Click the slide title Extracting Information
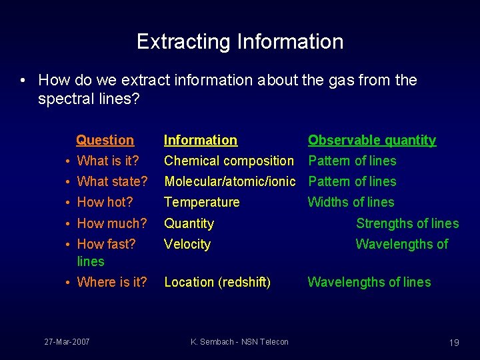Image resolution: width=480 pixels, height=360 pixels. click(240, 41)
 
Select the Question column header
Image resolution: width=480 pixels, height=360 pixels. click(105, 140)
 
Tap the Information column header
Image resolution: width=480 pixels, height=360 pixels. click(201, 140)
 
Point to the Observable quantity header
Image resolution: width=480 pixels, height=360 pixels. click(371, 140)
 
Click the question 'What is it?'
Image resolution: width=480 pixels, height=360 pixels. click(108, 161)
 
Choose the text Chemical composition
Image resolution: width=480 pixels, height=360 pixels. click(229, 161)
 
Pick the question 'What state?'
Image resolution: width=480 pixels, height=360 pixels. click(112, 181)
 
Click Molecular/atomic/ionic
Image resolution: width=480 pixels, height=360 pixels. click(229, 181)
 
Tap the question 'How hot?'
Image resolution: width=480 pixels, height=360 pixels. click(105, 202)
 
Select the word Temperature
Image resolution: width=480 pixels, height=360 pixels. click(202, 202)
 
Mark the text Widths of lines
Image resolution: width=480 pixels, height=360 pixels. click(351, 202)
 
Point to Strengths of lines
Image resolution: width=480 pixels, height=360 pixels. click(407, 223)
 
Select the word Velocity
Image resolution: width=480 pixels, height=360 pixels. click(187, 244)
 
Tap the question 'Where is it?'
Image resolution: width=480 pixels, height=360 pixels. click(112, 282)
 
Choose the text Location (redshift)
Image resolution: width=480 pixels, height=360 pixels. click(217, 282)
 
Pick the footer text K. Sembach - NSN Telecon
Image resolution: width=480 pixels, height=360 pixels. click(239, 341)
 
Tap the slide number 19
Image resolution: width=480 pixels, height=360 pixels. click(454, 342)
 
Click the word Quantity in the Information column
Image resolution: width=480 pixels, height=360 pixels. click(189, 223)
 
